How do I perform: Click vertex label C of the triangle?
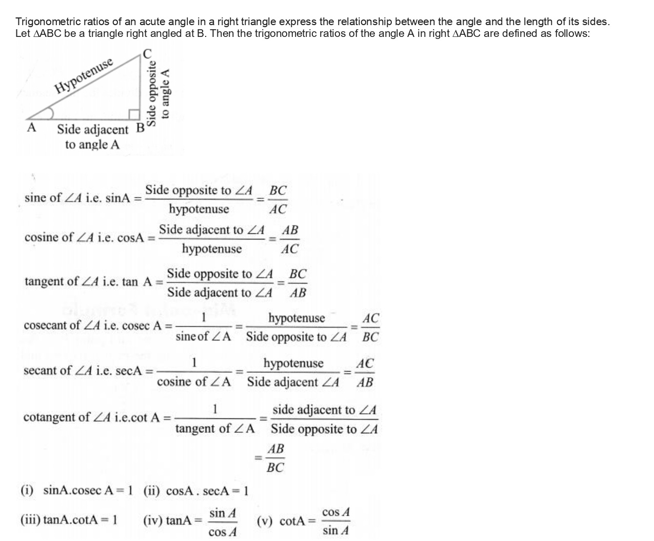tap(148, 53)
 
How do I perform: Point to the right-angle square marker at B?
tap(134, 115)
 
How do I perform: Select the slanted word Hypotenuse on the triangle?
tap(84, 76)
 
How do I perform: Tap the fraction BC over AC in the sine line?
tap(278, 199)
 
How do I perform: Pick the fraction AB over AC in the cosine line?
tap(290, 239)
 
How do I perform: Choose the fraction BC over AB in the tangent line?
tap(298, 283)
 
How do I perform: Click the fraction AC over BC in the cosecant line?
tap(370, 327)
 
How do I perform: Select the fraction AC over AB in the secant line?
tap(365, 372)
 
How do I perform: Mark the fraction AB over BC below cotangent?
tap(275, 458)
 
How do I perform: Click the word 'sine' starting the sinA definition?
tap(35, 197)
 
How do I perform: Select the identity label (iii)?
tap(30, 520)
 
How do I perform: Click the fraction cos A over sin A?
tap(336, 521)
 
